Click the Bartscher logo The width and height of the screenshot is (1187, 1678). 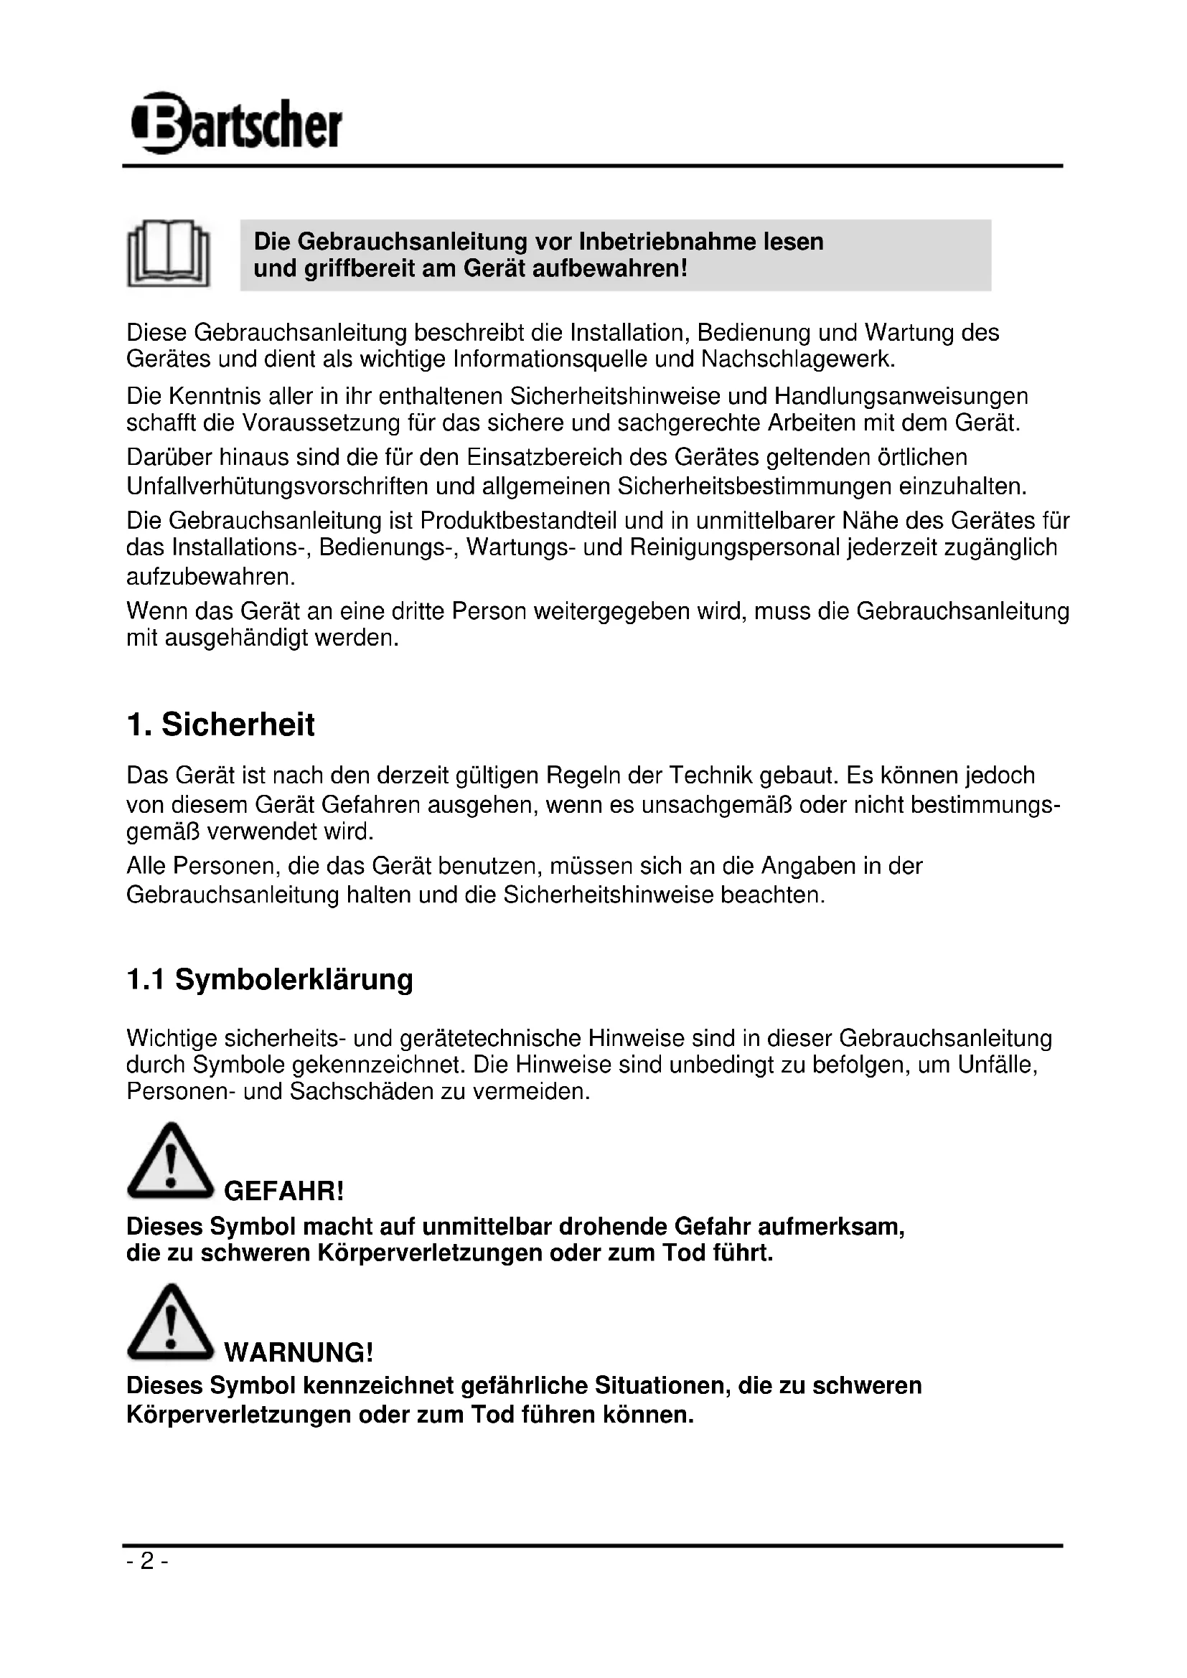click(x=236, y=123)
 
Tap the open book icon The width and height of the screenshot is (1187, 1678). click(x=169, y=253)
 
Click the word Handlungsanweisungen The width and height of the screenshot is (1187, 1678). click(x=901, y=396)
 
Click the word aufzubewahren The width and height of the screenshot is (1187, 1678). click(x=210, y=577)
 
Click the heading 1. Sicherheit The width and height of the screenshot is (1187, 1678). click(x=220, y=725)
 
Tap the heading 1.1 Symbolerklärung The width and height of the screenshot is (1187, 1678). click(x=270, y=979)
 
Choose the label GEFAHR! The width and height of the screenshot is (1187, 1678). click(x=283, y=1192)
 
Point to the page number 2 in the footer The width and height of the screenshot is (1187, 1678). click(x=147, y=1561)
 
